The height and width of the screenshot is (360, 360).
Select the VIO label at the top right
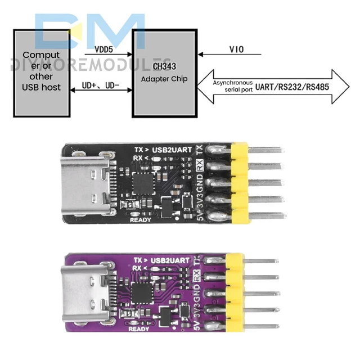click(x=237, y=50)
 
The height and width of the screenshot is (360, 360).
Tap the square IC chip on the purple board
click(x=139, y=292)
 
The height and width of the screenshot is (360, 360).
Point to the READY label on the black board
click(x=141, y=220)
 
